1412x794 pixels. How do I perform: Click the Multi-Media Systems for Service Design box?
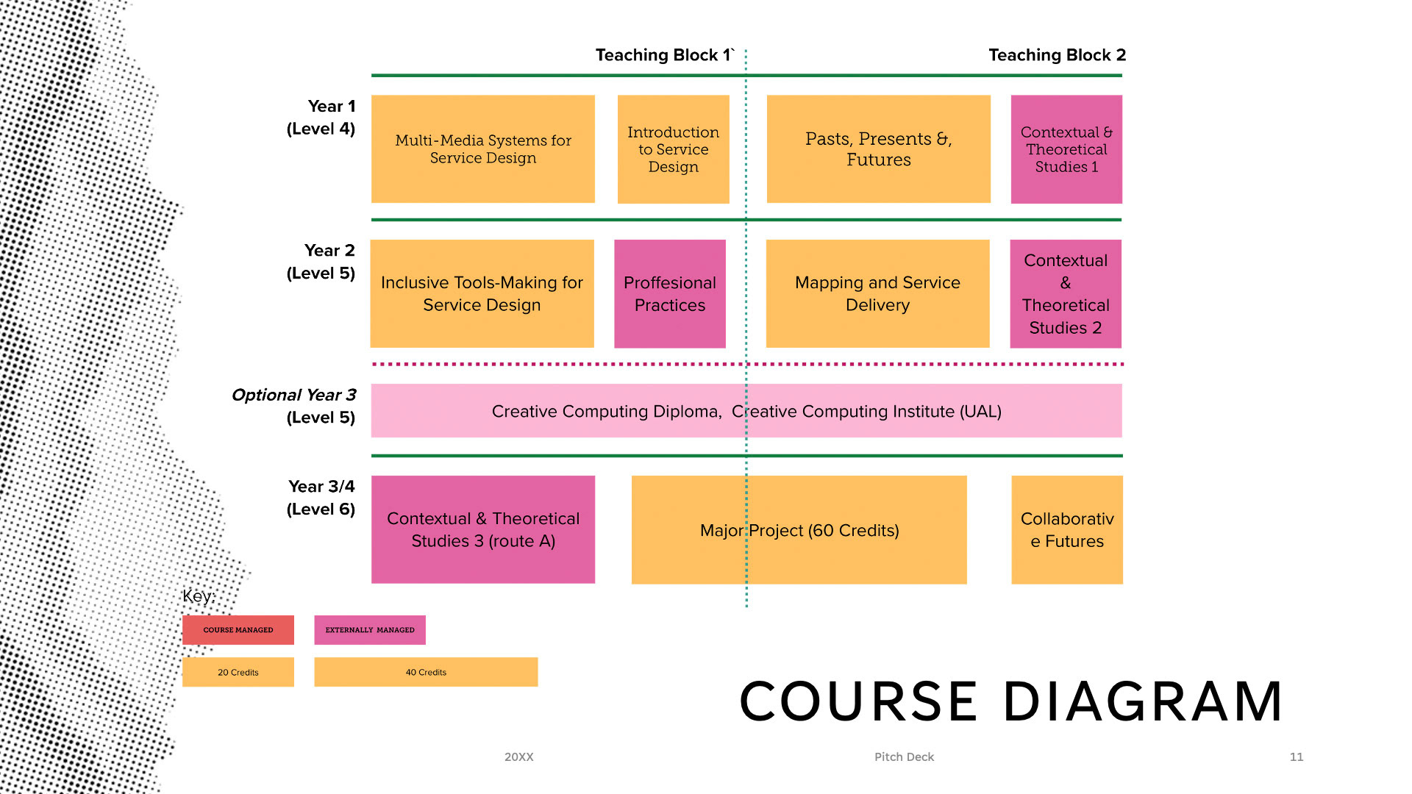482,149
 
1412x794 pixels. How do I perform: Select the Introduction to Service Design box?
673,149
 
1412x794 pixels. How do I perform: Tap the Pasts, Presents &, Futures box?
878,149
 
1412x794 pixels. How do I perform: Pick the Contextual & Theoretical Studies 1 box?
1066,149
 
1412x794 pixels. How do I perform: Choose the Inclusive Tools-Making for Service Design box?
482,293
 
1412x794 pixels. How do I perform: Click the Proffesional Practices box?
669,293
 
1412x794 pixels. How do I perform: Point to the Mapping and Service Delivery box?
877,293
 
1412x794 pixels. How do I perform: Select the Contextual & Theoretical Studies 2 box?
1065,293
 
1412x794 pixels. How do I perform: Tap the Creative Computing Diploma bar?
746,410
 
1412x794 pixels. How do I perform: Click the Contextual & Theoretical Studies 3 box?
482,529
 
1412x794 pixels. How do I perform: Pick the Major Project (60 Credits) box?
799,529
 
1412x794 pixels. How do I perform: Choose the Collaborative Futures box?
1066,529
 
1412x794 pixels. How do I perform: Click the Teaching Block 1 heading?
664,55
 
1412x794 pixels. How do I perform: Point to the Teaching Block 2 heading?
1057,55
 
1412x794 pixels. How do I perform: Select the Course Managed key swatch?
238,630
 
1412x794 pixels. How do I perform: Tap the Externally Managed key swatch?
369,630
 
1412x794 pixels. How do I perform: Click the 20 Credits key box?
238,672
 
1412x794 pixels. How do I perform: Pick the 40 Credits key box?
426,672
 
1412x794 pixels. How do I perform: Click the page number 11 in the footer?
1296,757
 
